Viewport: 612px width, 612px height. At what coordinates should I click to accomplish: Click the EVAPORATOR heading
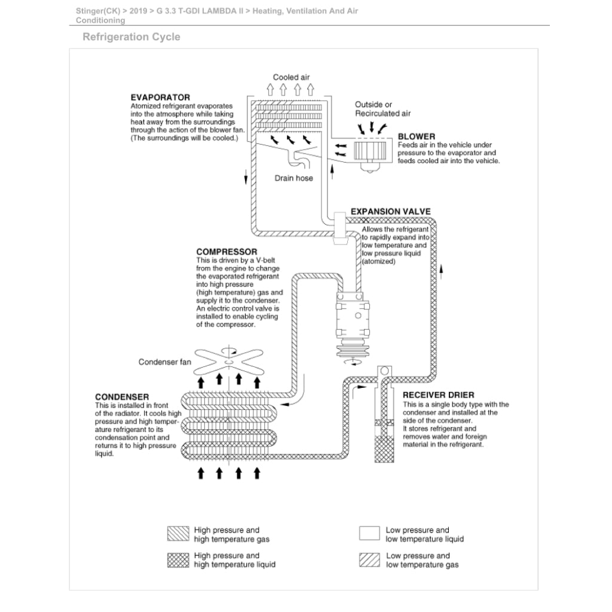(x=160, y=97)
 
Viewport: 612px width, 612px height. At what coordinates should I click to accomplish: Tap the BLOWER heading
(x=417, y=136)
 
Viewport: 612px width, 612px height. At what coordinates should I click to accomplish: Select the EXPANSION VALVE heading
(x=390, y=212)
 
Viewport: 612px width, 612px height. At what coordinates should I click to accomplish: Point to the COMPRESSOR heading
(x=227, y=252)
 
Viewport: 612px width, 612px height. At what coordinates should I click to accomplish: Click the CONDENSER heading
(x=122, y=397)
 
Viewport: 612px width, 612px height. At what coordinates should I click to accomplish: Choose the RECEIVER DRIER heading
(x=438, y=395)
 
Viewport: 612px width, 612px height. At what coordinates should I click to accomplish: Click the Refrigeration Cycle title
(x=131, y=37)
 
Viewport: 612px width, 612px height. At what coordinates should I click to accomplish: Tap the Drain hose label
(x=293, y=178)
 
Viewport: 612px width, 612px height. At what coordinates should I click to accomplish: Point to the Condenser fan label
(x=165, y=362)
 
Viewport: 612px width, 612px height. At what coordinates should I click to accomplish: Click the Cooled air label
(x=292, y=77)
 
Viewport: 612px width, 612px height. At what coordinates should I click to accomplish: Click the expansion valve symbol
(x=341, y=228)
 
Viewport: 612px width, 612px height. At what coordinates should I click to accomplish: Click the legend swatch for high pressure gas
(x=178, y=534)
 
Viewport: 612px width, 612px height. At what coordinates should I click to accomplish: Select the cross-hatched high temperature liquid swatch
(x=178, y=560)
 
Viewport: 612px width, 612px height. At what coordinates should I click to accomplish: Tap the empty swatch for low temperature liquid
(x=369, y=534)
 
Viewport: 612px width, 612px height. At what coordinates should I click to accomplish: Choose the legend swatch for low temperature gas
(x=369, y=560)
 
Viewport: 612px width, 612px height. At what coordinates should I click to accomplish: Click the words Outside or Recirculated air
(x=382, y=109)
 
